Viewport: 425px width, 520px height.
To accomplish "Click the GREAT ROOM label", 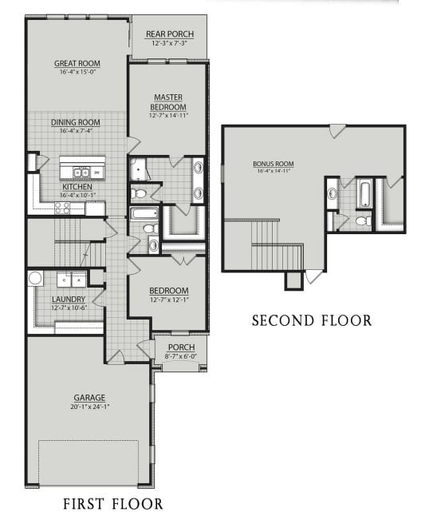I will (77, 63).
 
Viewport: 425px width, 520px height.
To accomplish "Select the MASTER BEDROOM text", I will (170, 102).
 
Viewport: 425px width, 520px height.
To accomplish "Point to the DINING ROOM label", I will (75, 122).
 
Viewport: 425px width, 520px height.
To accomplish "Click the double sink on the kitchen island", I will (81, 172).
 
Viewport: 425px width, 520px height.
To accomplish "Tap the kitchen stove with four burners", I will (62, 208).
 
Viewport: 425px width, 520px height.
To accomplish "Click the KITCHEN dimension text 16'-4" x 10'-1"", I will (77, 194).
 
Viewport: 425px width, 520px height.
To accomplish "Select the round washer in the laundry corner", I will (36, 278).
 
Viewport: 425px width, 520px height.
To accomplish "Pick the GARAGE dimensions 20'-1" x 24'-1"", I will (89, 405).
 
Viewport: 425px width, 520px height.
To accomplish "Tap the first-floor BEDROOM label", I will (168, 290).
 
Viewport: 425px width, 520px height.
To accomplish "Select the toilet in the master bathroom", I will (139, 193).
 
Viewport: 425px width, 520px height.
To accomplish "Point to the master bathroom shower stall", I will (140, 170).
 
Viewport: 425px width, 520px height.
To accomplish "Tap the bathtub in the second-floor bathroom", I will (364, 192).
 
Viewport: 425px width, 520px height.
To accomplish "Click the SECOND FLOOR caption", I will (311, 321).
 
